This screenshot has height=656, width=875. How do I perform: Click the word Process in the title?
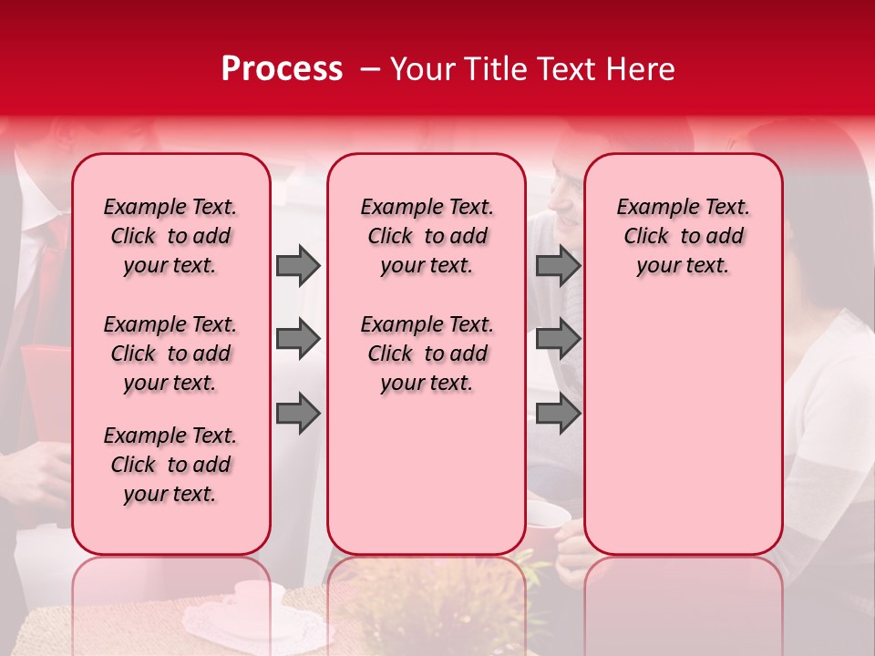click(281, 69)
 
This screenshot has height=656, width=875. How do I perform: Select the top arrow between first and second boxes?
click(298, 265)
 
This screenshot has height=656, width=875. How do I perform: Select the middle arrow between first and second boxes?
click(298, 339)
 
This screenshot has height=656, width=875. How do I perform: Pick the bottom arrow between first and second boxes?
click(298, 414)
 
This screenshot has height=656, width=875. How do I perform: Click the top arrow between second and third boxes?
click(558, 265)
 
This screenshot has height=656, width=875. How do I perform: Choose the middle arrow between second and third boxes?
click(558, 339)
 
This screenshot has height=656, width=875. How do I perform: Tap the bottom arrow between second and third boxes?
click(558, 414)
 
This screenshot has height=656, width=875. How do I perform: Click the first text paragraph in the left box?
click(170, 236)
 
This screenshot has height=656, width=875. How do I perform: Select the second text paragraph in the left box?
click(170, 354)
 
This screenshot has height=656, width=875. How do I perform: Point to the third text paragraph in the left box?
click(170, 465)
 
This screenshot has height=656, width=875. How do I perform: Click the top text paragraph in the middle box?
click(427, 236)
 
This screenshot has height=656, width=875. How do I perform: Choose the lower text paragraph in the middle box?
click(427, 354)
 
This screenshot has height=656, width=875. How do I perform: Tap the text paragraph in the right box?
click(683, 236)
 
